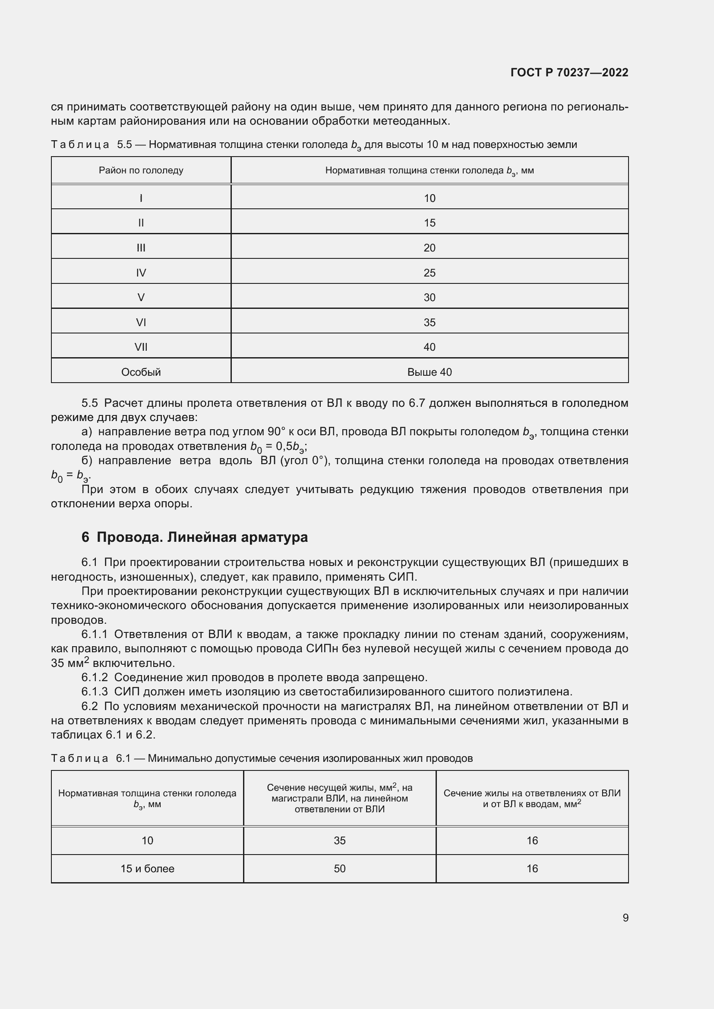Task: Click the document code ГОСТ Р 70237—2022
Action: coord(569,72)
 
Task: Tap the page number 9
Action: coord(625,918)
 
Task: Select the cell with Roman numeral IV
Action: coord(141,273)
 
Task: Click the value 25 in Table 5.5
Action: coord(429,273)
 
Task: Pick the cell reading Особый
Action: coord(141,372)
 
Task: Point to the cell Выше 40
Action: coord(429,372)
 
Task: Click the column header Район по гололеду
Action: coord(141,170)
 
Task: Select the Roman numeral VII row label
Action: coord(141,347)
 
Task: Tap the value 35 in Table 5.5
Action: coord(429,323)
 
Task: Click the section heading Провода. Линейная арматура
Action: coord(202,537)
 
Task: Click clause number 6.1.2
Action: coord(94,678)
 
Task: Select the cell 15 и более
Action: coord(147,869)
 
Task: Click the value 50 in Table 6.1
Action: coord(339,869)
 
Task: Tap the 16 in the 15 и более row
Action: coord(532,869)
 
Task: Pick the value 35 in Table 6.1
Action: coord(339,841)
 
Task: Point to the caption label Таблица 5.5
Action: coord(91,145)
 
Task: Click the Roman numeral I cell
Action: coord(141,198)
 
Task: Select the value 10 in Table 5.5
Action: coord(429,198)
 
